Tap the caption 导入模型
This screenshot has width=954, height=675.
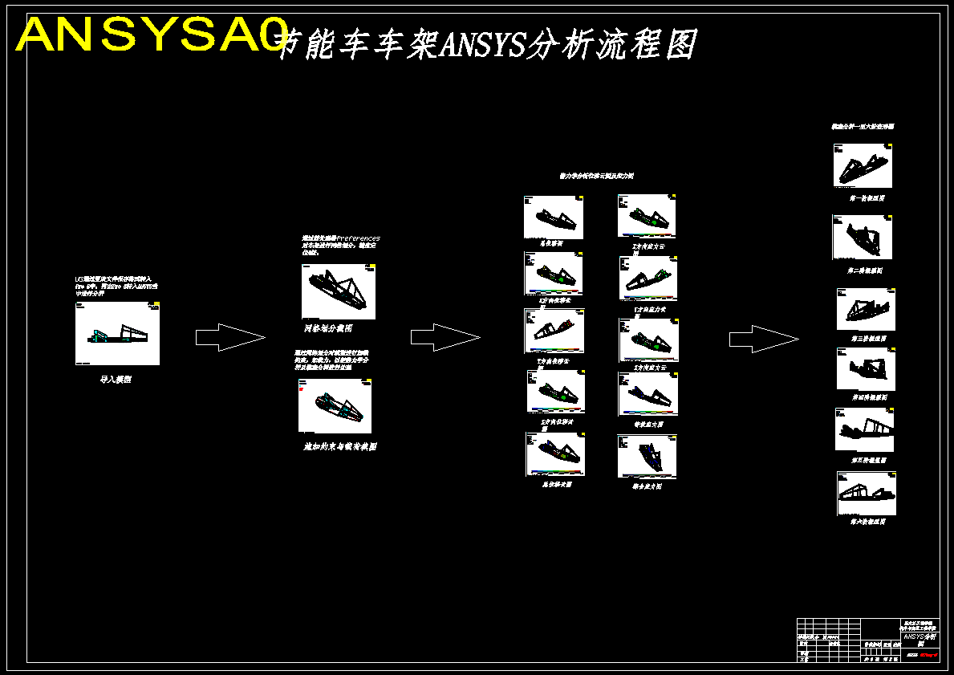[x=116, y=380]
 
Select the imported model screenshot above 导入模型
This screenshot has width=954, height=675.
[x=117, y=333]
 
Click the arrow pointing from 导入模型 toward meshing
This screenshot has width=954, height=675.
[x=229, y=337]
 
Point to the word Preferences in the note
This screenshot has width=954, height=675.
[x=358, y=238]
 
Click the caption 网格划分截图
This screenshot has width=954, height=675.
[x=327, y=328]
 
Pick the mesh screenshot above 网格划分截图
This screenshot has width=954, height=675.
[x=339, y=291]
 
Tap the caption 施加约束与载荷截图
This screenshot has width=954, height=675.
[x=339, y=447]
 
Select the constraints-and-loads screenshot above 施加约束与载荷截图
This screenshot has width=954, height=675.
[x=335, y=406]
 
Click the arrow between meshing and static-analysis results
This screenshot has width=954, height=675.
[x=445, y=337]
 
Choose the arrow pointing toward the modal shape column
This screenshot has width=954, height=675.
[x=763, y=339]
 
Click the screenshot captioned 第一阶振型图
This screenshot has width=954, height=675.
[x=863, y=165]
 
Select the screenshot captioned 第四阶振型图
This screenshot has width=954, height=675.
[x=866, y=369]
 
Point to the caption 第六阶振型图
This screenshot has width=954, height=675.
[x=868, y=522]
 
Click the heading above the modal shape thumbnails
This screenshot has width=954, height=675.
[x=863, y=127]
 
